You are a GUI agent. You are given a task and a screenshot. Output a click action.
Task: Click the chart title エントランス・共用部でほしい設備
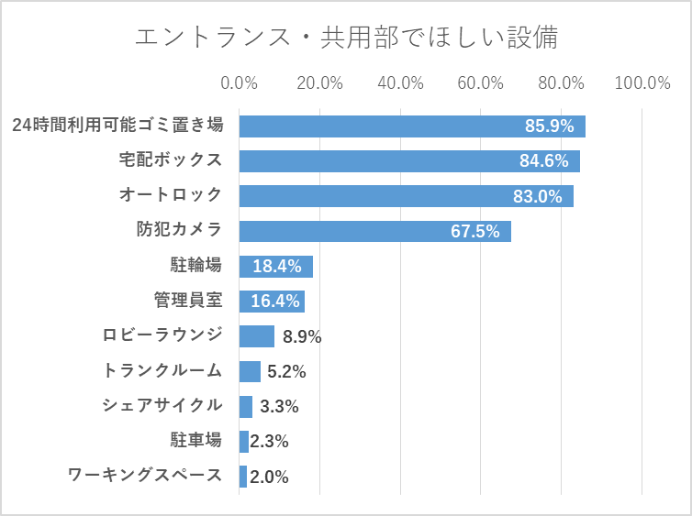coord(346,38)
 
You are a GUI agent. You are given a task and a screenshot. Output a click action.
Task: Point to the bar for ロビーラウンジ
coord(257,336)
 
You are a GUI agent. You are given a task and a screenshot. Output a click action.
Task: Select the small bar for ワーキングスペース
coord(243,477)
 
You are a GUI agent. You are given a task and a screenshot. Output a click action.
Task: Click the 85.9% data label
coord(549,126)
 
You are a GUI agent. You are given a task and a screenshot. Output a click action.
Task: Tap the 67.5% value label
coord(474,231)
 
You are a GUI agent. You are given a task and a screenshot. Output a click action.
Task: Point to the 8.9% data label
coord(302,336)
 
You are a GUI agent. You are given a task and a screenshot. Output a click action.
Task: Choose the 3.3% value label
coord(279,406)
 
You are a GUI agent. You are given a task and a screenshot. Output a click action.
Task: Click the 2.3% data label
coord(269,441)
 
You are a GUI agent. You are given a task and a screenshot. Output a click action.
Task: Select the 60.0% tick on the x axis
coord(481,83)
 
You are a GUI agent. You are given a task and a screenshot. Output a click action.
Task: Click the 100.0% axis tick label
coord(642,83)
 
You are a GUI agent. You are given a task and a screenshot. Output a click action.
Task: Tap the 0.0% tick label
coord(240,83)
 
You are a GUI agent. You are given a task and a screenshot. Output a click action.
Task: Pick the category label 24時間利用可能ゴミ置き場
coord(117,126)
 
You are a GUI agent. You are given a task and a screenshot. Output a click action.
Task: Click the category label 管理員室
coord(187,301)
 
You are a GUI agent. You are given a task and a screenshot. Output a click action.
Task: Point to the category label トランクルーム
coord(162,370)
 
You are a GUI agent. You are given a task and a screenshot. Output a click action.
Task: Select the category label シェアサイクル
coord(162,405)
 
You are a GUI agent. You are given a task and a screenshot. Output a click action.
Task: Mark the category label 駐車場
coord(195,440)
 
